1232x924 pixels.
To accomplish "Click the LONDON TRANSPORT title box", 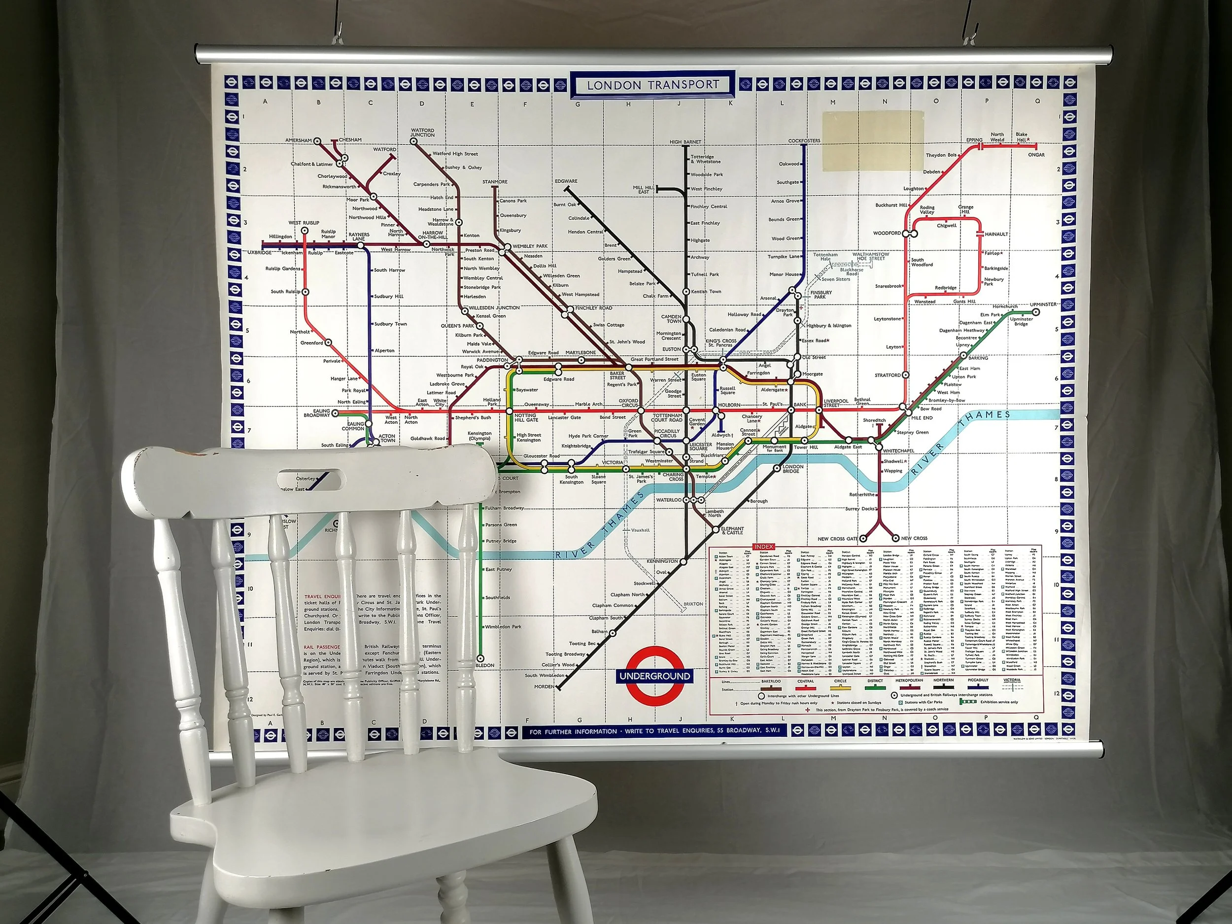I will [x=653, y=85].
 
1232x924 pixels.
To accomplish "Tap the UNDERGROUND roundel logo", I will [x=655, y=676].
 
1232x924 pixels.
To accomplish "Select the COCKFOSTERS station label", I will [x=804, y=141].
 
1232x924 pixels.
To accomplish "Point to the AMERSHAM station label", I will [x=299, y=140].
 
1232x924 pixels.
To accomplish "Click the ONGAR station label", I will [x=1036, y=155].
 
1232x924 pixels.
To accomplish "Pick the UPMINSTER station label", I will [x=1043, y=305].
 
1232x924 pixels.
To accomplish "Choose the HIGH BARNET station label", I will [x=685, y=142].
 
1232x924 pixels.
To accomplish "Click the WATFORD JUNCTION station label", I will [x=422, y=133].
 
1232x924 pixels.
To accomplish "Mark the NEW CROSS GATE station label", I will [x=838, y=539].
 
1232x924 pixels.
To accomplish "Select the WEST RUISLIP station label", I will [x=303, y=223].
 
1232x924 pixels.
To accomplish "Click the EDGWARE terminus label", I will [x=566, y=181].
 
